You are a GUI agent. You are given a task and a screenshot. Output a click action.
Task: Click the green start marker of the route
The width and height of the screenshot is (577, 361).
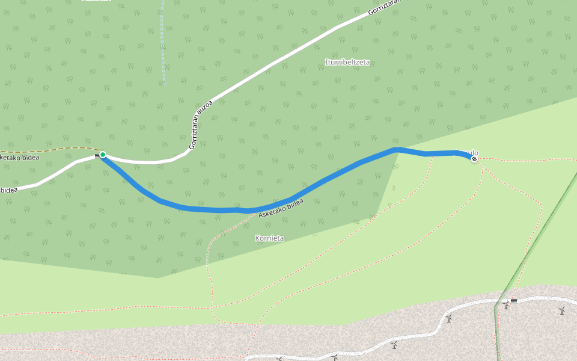pyautogui.click(x=103, y=155)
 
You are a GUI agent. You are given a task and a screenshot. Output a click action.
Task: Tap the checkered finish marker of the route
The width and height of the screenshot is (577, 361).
pyautogui.click(x=474, y=159)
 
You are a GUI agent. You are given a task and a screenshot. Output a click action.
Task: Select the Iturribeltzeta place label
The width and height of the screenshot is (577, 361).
pyautogui.click(x=347, y=62)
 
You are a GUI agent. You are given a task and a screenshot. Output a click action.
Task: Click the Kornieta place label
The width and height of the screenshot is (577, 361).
pyautogui.click(x=270, y=238)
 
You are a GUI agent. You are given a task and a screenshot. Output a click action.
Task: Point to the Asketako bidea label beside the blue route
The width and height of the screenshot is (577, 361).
pyautogui.click(x=281, y=208)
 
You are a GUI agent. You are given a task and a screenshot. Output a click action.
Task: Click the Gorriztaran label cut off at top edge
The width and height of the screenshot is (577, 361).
pyautogui.click(x=385, y=8)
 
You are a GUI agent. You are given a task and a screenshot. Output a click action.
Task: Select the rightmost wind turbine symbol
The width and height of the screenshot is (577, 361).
pyautogui.click(x=561, y=310)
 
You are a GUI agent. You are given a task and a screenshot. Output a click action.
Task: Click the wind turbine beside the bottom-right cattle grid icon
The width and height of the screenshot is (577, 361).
pyautogui.click(x=506, y=306)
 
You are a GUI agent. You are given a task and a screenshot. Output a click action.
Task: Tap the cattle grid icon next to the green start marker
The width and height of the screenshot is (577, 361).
pyautogui.click(x=97, y=156)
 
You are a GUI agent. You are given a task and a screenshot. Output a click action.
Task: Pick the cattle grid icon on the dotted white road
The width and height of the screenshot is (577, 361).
pyautogui.click(x=514, y=301)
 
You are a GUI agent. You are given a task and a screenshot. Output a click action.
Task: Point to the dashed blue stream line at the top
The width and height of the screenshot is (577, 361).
pyautogui.click(x=162, y=42)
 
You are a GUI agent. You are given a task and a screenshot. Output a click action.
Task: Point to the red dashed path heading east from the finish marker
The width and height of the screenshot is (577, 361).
pyautogui.click(x=529, y=160)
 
